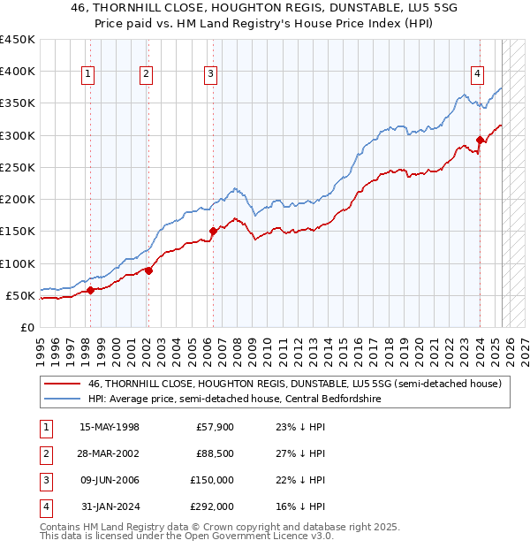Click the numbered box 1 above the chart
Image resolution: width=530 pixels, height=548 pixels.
[89, 75]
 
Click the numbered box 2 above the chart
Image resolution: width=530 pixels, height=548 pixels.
[146, 75]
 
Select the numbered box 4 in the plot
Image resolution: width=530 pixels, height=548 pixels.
[477, 75]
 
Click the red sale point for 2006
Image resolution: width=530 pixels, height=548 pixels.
[213, 232]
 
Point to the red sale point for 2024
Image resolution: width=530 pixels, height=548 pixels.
[480, 140]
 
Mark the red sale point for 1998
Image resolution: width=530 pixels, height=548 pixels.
[90, 290]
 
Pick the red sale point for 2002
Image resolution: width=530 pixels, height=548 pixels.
[148, 270]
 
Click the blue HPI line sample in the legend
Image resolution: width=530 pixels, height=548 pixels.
[62, 399]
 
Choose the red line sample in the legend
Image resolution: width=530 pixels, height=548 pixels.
[62, 384]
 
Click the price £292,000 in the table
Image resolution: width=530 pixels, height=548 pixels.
[213, 506]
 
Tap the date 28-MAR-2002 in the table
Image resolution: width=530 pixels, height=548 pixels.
[109, 453]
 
